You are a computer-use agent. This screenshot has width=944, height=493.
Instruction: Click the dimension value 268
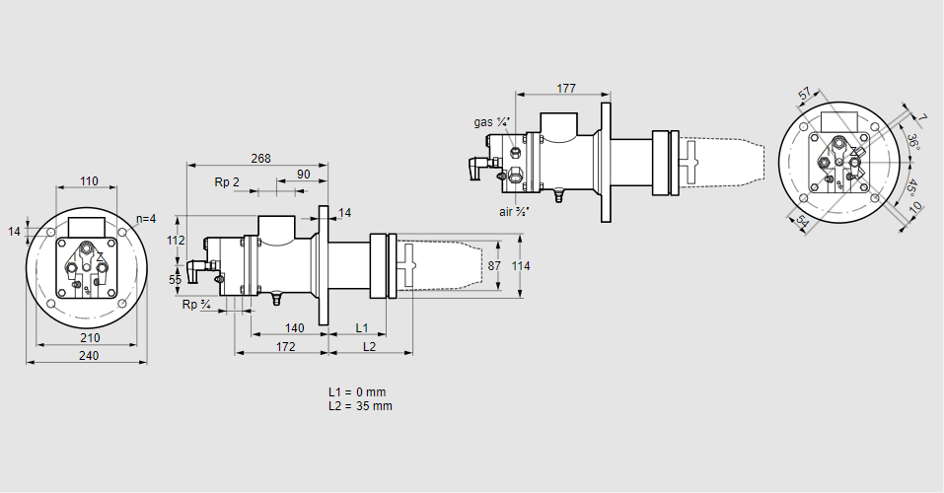(x=260, y=158)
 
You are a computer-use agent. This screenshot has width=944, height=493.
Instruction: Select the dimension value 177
(x=565, y=89)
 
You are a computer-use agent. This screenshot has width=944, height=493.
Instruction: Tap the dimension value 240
(x=88, y=356)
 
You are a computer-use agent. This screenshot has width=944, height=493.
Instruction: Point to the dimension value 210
(x=88, y=338)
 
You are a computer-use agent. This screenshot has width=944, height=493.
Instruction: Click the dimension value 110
(x=89, y=181)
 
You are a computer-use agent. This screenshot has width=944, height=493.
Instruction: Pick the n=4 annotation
(x=145, y=218)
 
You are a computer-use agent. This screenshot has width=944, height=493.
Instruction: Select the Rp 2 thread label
(x=227, y=182)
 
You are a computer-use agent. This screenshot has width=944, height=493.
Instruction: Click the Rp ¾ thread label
(x=196, y=305)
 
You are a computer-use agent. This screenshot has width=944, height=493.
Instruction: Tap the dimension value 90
(x=304, y=175)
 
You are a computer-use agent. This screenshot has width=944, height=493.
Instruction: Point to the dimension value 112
(x=176, y=241)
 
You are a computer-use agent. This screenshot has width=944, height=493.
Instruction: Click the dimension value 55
(x=176, y=280)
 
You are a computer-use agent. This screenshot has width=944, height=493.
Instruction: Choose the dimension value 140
(x=294, y=327)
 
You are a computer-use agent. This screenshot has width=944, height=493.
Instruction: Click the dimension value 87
(x=495, y=266)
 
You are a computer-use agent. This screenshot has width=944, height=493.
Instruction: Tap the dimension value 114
(x=521, y=266)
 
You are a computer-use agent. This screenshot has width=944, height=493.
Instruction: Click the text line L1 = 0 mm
(x=358, y=392)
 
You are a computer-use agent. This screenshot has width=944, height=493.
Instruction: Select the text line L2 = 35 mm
(x=360, y=406)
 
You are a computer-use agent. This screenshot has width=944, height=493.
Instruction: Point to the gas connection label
(x=490, y=122)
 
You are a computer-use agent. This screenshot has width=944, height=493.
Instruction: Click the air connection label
(x=515, y=211)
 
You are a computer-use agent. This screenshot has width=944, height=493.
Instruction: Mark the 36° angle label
(x=913, y=141)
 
